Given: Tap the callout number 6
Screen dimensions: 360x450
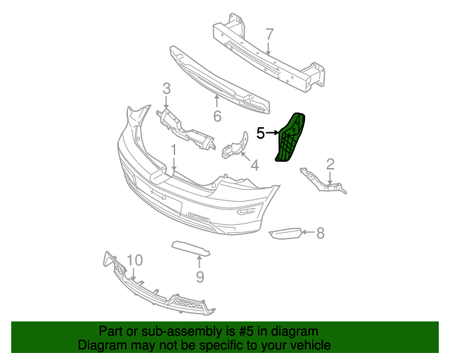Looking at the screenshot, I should tap(217, 116).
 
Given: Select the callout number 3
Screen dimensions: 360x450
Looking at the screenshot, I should tap(167, 89).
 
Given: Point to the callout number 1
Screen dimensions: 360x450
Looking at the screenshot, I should tap(172, 150).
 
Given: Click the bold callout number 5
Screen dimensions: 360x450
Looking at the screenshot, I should tap(260, 132).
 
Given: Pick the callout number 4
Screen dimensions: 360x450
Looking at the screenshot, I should tap(254, 166).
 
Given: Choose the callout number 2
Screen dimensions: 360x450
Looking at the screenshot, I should tap(330, 165).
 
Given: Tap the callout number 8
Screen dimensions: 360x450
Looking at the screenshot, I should tap(320, 233).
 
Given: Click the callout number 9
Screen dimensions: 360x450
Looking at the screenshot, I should tap(200, 277).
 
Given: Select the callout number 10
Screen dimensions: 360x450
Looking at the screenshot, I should tap(134, 260).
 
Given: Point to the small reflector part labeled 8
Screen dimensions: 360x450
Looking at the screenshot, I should tap(285, 233).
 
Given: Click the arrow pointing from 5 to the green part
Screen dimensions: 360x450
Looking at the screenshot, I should tap(272, 132).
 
